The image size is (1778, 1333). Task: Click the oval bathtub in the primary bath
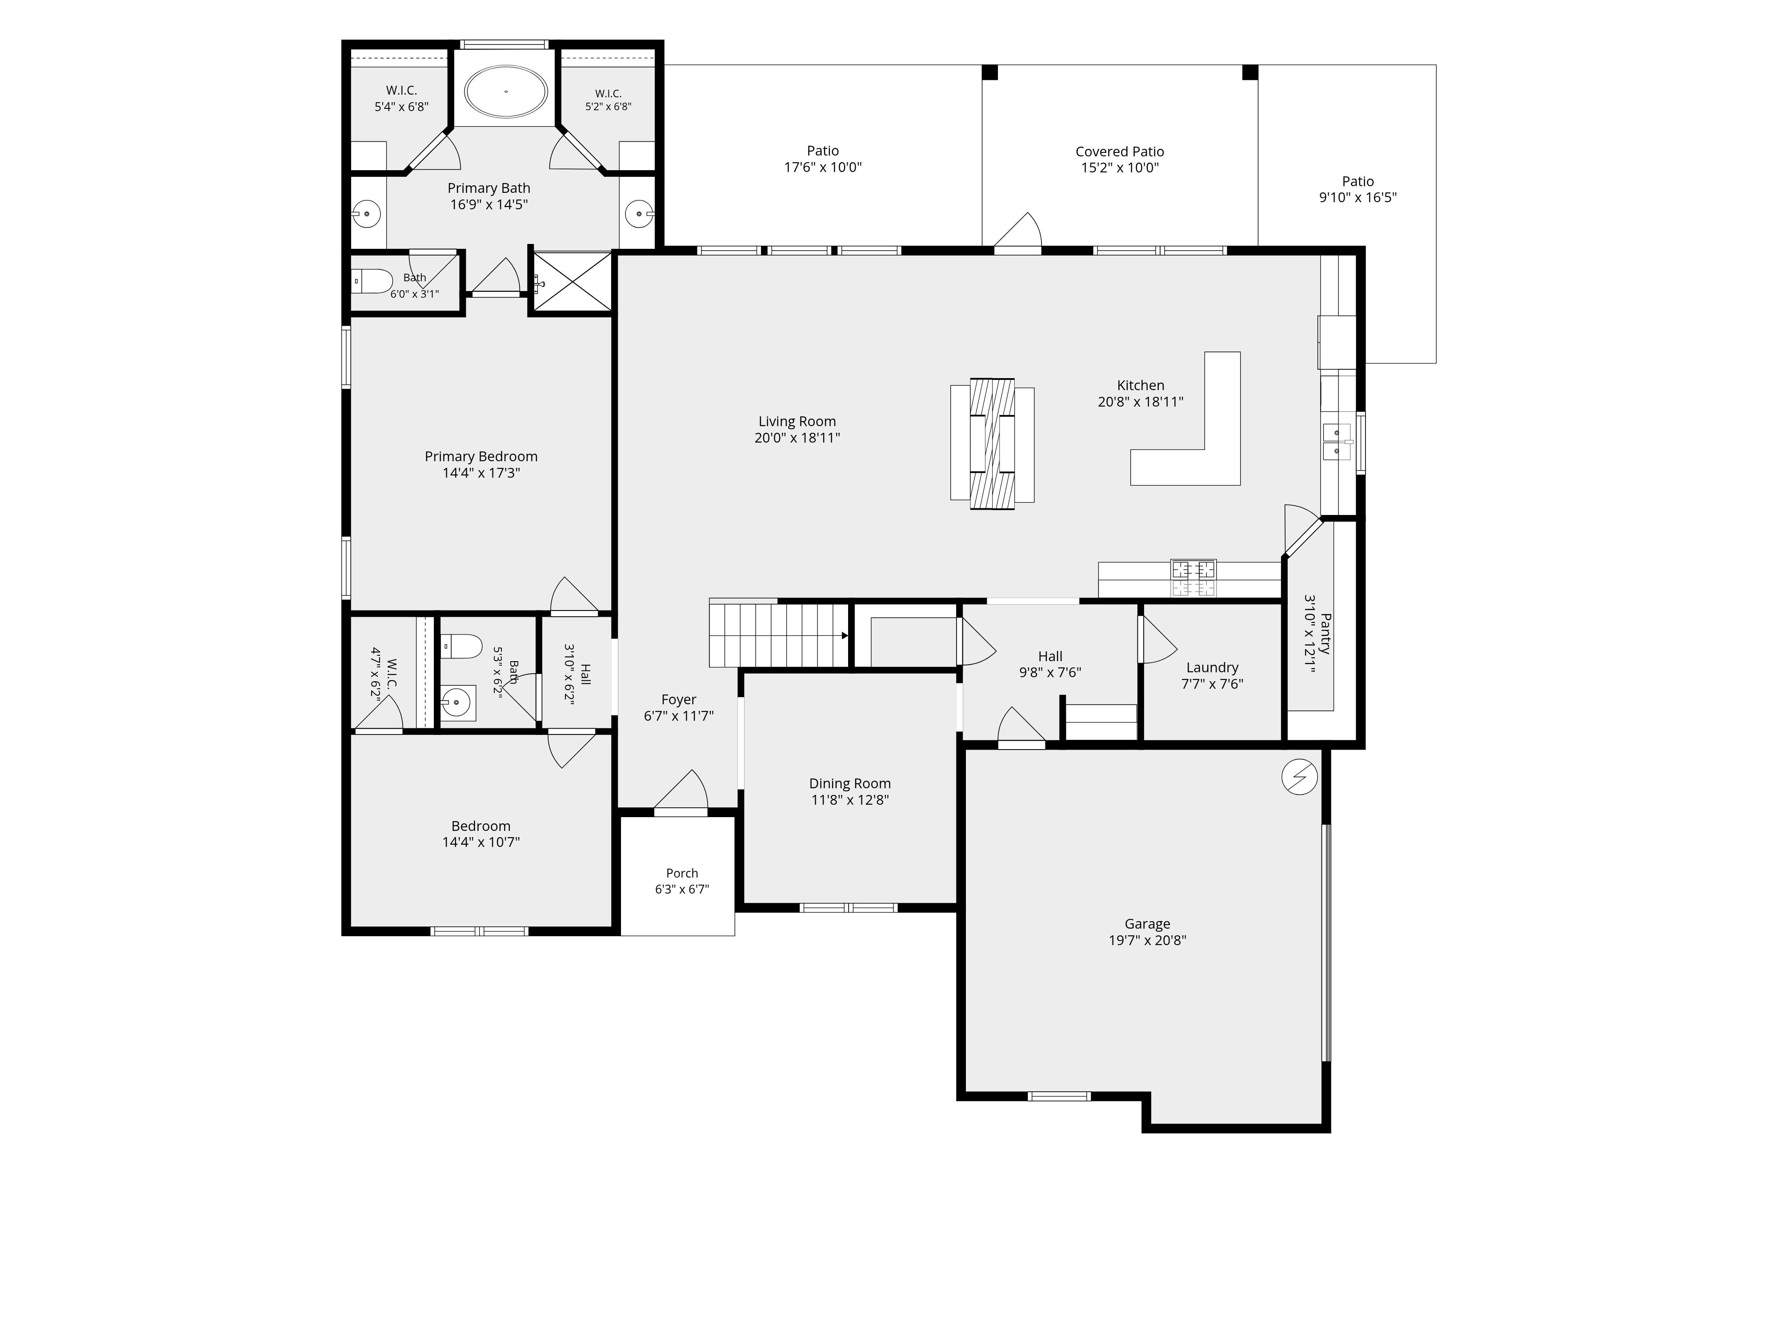[x=506, y=92]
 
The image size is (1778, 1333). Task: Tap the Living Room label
[x=797, y=422]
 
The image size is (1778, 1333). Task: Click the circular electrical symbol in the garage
[x=1300, y=777]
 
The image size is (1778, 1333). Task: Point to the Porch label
[x=681, y=874]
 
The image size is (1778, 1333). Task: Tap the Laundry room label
[x=1212, y=668]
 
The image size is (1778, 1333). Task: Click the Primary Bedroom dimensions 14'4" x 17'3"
[x=481, y=473]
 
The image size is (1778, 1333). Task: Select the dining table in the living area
[x=992, y=444]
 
